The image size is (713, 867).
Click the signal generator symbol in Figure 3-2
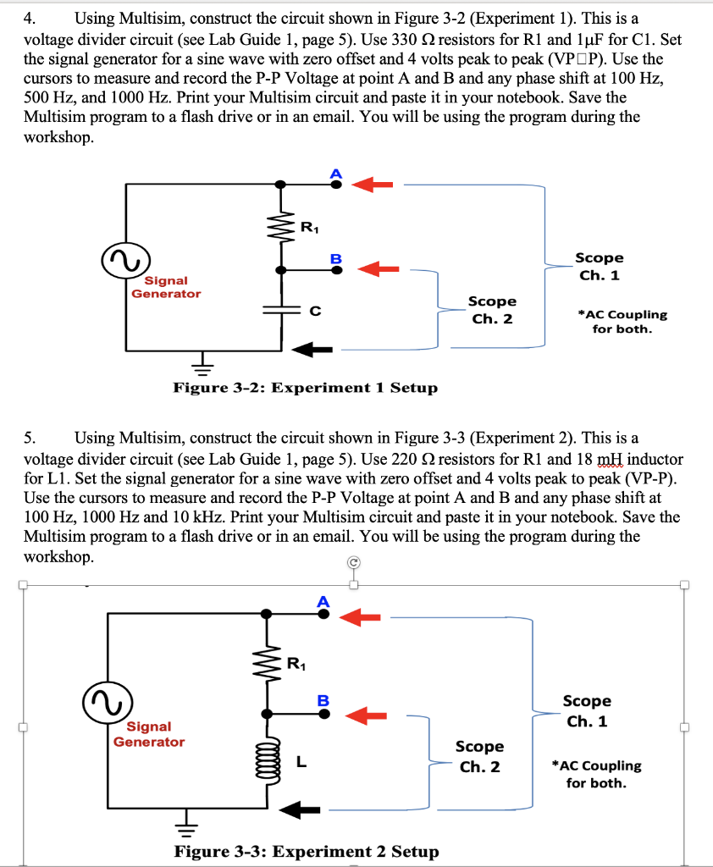pyautogui.click(x=126, y=261)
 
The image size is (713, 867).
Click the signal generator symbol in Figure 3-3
pyautogui.click(x=108, y=703)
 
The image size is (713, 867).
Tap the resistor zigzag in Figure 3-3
pyautogui.click(x=267, y=664)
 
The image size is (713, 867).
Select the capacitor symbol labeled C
pyautogui.click(x=281, y=309)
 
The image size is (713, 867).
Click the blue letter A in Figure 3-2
pyautogui.click(x=336, y=174)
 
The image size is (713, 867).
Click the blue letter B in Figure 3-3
pyautogui.click(x=323, y=700)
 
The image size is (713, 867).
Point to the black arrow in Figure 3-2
pyautogui.click(x=312, y=350)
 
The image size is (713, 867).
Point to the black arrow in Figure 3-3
pyautogui.click(x=300, y=810)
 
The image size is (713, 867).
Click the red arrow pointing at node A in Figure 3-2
pyautogui.click(x=373, y=184)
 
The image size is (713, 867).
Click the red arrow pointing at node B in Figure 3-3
pyautogui.click(x=366, y=715)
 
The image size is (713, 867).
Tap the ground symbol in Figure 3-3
pyautogui.click(x=187, y=823)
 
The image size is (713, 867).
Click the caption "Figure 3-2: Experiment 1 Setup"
pyautogui.click(x=306, y=388)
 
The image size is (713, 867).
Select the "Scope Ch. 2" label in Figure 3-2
pyautogui.click(x=492, y=310)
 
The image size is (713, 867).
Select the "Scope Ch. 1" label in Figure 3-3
pyautogui.click(x=587, y=711)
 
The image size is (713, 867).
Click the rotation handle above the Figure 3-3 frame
pyautogui.click(x=354, y=563)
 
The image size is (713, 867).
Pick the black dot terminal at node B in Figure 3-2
pyautogui.click(x=336, y=270)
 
